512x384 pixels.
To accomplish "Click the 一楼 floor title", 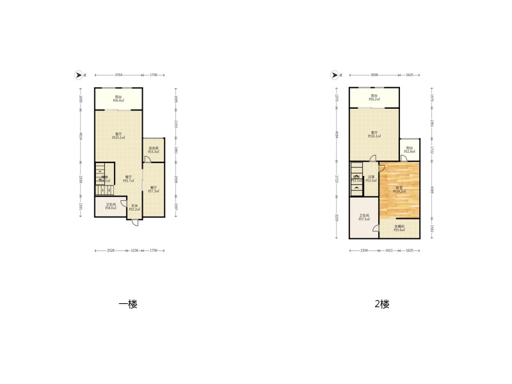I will (128, 304).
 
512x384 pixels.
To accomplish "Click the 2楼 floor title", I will (381, 304).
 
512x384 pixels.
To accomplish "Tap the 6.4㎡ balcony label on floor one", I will (118, 99).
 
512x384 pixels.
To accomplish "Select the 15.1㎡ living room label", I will (118, 136).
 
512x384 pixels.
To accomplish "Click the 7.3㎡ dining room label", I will (153, 189).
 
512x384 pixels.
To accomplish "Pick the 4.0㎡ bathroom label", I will (111, 206).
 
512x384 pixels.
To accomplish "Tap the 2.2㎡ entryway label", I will (135, 207).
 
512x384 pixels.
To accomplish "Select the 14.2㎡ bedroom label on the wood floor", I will (399, 189).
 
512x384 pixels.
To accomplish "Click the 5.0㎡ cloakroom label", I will (399, 227).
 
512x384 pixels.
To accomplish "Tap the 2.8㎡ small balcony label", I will (410, 150).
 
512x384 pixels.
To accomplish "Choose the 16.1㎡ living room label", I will (374, 134).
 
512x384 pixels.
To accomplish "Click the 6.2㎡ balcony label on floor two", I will (374, 98).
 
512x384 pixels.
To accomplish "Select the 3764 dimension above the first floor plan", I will (119, 75).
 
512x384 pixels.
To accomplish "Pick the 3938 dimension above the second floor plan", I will (374, 75).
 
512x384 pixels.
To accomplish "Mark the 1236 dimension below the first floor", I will (134, 250).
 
